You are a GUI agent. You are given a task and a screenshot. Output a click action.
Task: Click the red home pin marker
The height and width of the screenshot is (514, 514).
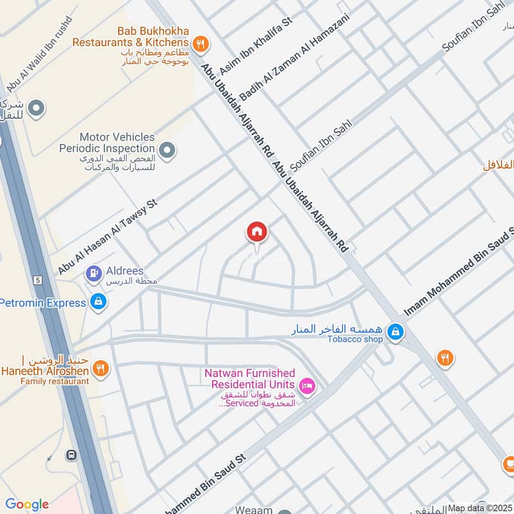tap(257, 233)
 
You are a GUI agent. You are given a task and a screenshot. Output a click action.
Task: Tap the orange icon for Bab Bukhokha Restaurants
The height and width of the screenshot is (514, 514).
tap(201, 43)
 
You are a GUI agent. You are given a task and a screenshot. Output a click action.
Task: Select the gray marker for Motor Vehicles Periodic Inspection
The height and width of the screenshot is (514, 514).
tap(167, 151)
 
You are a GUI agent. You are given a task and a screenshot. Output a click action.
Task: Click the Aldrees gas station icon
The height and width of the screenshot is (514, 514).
tap(94, 273)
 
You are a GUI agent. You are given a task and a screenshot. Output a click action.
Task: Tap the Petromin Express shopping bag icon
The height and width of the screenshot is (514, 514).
tap(98, 301)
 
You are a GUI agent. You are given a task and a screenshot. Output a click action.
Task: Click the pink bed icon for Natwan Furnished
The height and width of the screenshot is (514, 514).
tap(308, 385)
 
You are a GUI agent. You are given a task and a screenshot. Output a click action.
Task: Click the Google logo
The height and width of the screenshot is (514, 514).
tap(27, 504)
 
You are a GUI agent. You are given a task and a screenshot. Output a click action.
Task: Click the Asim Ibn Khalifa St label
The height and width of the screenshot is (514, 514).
tap(256, 46)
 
